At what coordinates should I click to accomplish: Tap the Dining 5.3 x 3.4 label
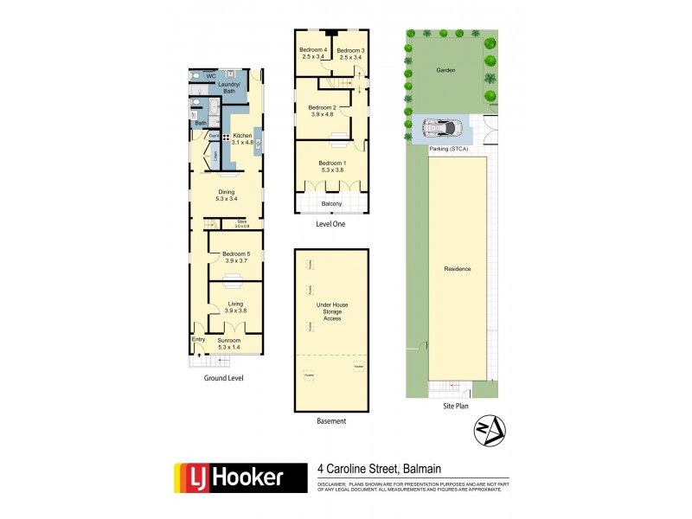pos(227,195)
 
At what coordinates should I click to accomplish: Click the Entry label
pos(198,341)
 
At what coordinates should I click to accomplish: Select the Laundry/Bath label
pos(229,87)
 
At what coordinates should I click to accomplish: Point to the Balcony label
pos(332,204)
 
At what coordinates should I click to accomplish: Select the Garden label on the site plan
pos(445,70)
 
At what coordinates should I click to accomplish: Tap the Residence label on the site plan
pos(458,269)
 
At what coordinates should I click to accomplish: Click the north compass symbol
pos(490,430)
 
